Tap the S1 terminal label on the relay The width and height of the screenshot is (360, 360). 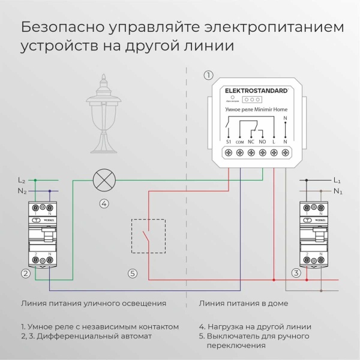229,142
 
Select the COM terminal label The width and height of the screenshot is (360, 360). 240,142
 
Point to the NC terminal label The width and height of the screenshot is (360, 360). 251,142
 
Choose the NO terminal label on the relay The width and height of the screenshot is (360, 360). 262,142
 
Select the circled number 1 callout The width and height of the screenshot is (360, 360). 208,75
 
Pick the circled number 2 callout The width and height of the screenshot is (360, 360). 25,274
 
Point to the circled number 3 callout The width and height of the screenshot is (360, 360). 296,274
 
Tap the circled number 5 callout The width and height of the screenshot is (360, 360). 133,274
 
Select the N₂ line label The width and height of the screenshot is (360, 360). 22,191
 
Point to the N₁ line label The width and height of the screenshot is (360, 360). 337,191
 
